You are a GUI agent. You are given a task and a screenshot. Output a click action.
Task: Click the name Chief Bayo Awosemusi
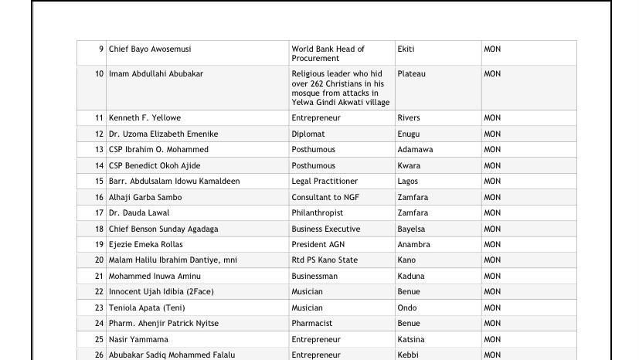(150, 49)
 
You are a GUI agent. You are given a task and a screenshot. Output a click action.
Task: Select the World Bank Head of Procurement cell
(328, 53)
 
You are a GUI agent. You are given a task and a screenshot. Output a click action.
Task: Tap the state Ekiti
(406, 49)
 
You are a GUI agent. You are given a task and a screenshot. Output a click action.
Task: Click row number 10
(99, 74)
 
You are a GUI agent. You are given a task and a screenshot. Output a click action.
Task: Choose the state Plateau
(411, 74)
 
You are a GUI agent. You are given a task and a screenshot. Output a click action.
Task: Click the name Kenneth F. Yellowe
(144, 118)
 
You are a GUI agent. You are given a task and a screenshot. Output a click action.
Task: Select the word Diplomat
(308, 134)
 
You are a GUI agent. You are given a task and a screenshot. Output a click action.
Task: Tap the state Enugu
(409, 134)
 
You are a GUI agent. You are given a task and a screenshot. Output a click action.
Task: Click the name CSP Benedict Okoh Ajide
(155, 166)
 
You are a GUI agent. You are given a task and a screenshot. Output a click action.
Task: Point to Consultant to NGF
(325, 198)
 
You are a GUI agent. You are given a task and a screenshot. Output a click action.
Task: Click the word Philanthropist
(317, 213)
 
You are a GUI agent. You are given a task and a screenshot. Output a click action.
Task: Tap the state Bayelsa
(411, 229)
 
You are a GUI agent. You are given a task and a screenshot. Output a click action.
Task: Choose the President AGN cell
(318, 245)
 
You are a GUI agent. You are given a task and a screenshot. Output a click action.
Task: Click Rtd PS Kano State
(325, 260)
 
